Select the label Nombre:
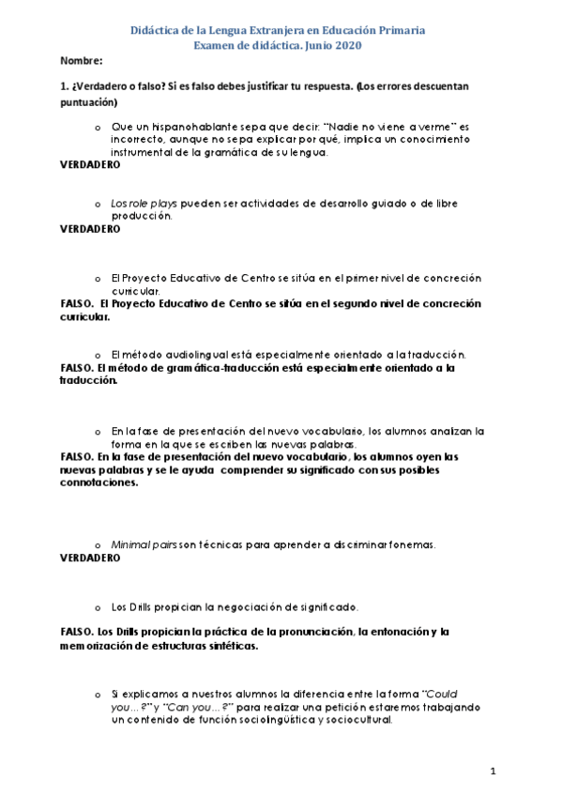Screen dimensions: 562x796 pyautogui.click(x=81, y=61)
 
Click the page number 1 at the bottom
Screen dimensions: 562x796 pyautogui.click(x=493, y=772)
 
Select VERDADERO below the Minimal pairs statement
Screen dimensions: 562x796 pyautogui.click(x=90, y=558)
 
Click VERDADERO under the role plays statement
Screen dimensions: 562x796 pyautogui.click(x=90, y=228)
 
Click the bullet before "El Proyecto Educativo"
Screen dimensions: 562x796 pyautogui.click(x=98, y=279)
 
